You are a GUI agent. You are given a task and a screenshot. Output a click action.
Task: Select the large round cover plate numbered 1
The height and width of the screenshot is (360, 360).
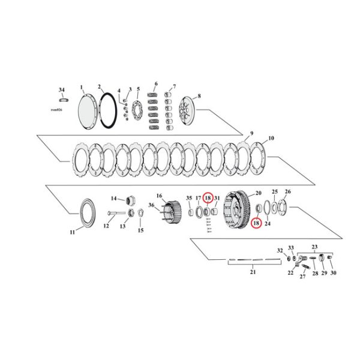coord(92,111)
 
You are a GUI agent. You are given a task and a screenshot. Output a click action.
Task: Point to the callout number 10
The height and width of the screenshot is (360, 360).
coord(272,139)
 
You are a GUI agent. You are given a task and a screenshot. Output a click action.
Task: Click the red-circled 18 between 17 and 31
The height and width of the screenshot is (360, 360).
coord(208,198)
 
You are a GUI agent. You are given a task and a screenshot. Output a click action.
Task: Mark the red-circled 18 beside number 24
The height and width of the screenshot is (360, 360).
coord(256,223)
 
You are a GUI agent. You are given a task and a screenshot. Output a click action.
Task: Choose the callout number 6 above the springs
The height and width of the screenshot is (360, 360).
coord(156,83)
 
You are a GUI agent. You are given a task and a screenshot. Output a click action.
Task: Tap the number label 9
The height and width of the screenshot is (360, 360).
coord(252,133)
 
